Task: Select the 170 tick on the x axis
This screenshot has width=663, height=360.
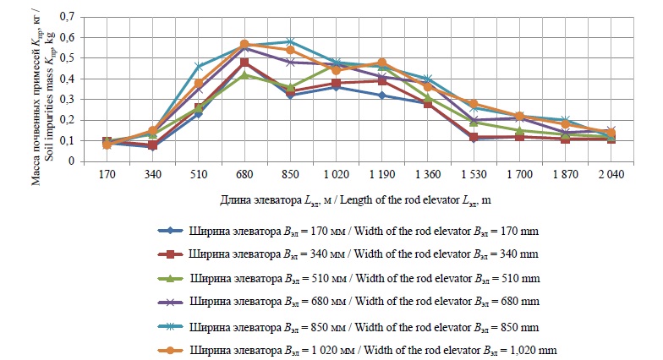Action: (x=107, y=177)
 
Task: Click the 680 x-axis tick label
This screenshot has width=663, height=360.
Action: (x=244, y=177)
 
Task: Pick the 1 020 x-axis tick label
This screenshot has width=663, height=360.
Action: (x=335, y=177)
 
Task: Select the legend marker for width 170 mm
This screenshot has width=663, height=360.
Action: (x=172, y=230)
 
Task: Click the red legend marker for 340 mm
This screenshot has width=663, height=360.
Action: (x=172, y=254)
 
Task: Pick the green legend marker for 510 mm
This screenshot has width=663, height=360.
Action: (x=172, y=277)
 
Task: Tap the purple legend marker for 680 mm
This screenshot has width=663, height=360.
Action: (x=172, y=301)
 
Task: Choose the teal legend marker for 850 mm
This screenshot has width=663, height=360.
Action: (x=172, y=325)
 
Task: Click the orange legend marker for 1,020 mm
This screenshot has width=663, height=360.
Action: (x=172, y=349)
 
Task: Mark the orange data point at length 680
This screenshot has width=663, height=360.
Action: (x=244, y=44)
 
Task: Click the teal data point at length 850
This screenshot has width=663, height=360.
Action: (x=289, y=41)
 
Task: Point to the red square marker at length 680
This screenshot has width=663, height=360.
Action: (x=244, y=63)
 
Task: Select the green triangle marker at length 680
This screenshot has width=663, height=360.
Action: (x=244, y=75)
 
